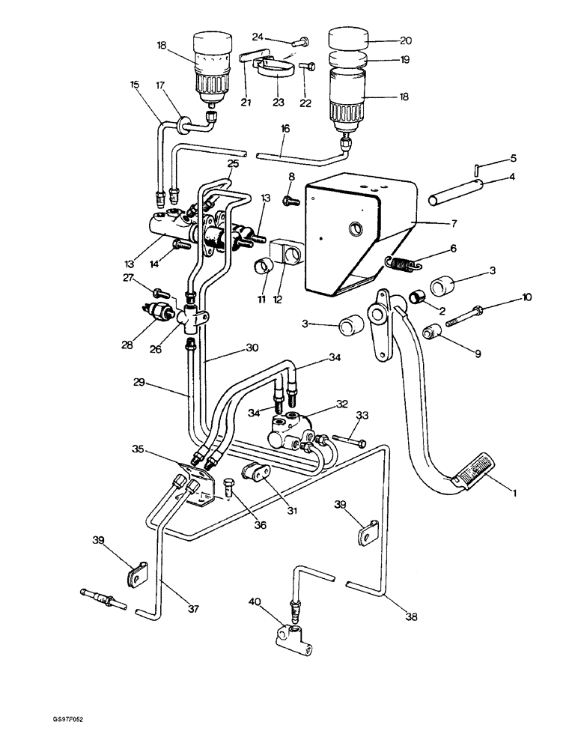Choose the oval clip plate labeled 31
tap(256, 473)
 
